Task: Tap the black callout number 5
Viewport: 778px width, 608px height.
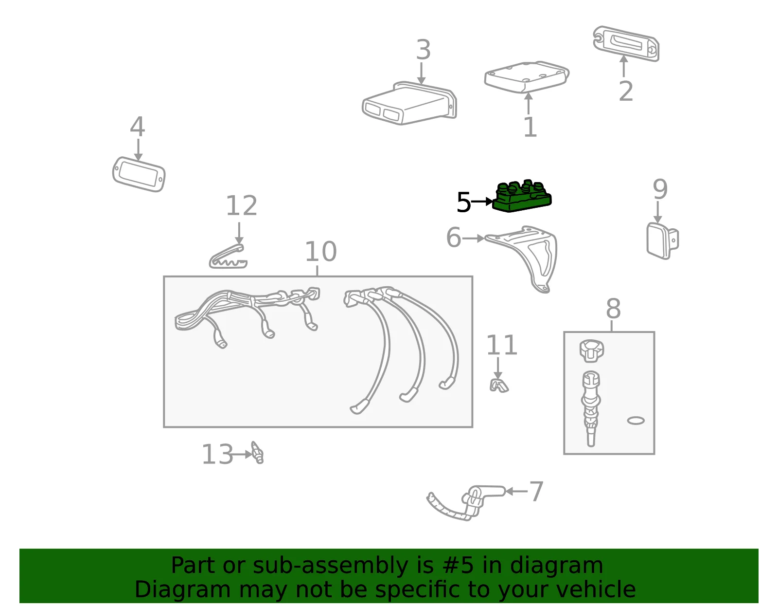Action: [x=463, y=203]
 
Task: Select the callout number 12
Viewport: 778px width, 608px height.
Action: [x=242, y=205]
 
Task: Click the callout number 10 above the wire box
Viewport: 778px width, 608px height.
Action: [x=320, y=252]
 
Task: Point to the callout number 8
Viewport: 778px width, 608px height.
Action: [x=613, y=309]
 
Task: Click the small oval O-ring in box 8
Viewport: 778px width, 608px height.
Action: [x=636, y=421]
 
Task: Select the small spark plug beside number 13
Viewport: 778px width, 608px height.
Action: [x=258, y=453]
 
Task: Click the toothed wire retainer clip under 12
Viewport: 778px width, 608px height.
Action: [x=228, y=257]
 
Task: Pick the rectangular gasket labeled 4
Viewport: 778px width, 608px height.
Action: [x=139, y=174]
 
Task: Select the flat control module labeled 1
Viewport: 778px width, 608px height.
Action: [x=526, y=77]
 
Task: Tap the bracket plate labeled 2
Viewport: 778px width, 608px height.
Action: [x=626, y=44]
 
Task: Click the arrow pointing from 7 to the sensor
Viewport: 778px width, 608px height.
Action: [x=516, y=491]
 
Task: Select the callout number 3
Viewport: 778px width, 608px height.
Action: [x=423, y=50]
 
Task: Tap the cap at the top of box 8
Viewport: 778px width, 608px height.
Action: [x=591, y=351]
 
